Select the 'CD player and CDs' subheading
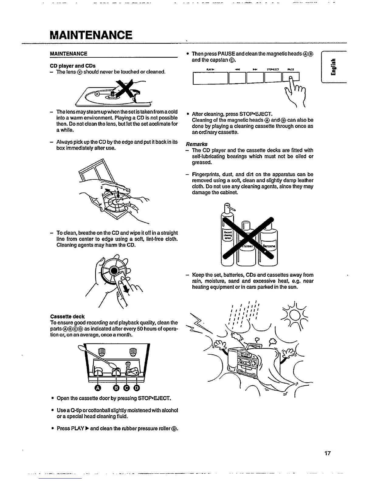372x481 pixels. coord(73,66)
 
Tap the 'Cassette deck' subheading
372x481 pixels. coord(67,316)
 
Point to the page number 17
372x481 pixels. coord(327,454)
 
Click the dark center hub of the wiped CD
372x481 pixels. coord(113,270)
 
